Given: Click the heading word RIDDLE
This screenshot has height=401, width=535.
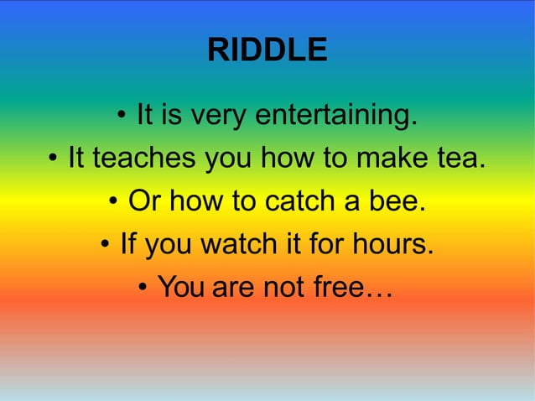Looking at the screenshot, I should pyautogui.click(x=267, y=51).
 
